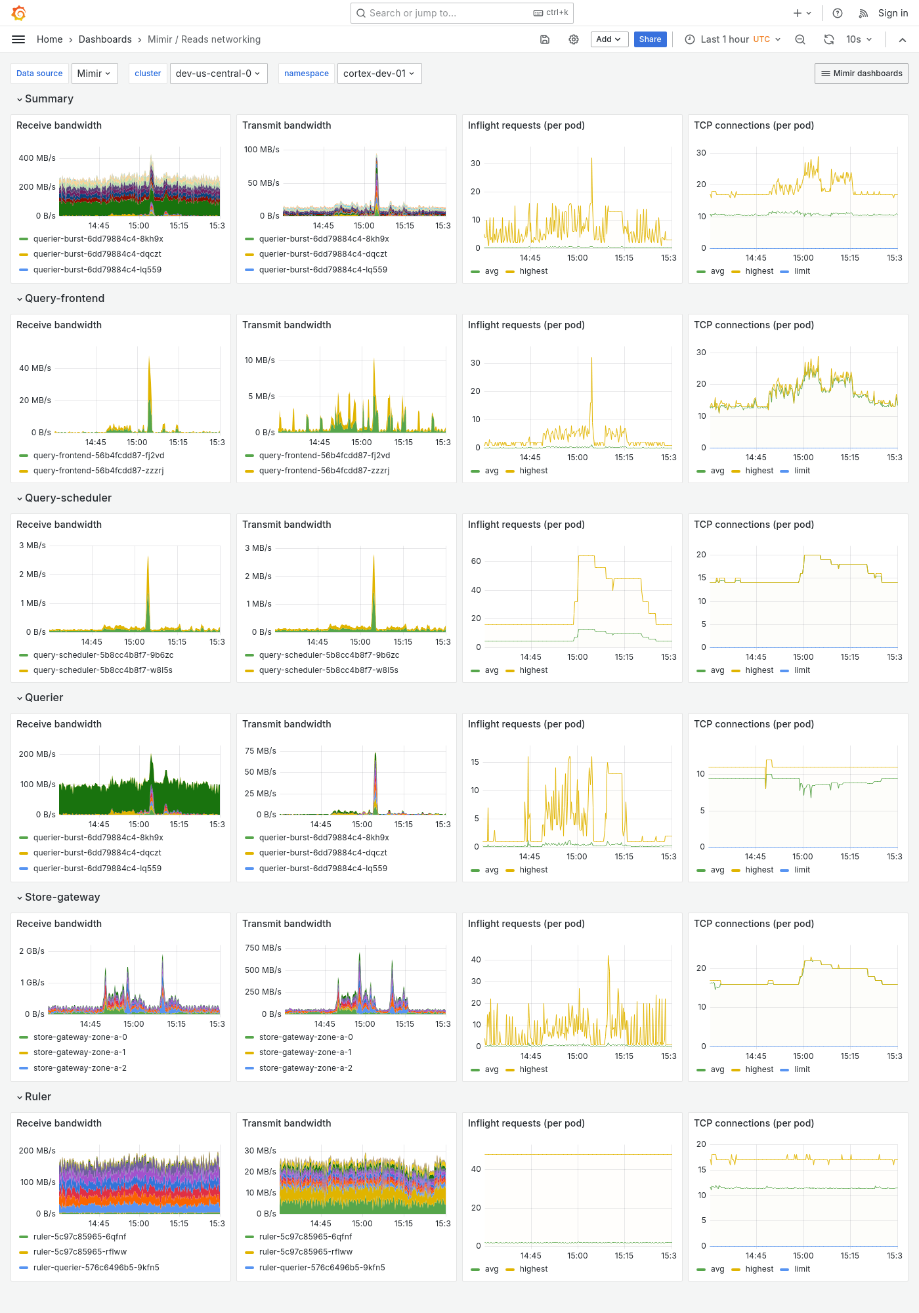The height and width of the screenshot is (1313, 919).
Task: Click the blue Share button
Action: point(650,39)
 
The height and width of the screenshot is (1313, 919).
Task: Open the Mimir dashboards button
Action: point(861,74)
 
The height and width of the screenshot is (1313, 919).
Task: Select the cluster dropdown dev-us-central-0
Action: point(217,74)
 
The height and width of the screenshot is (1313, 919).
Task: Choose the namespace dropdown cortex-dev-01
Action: point(379,74)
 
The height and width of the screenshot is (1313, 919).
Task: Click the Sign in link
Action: point(893,13)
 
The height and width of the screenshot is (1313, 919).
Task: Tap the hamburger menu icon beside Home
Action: point(18,39)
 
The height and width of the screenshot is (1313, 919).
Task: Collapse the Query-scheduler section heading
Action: point(68,498)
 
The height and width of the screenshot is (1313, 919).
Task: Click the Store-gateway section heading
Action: point(62,897)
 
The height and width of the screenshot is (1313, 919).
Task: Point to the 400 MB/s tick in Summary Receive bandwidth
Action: point(37,158)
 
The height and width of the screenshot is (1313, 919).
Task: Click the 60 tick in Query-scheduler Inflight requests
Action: point(476,561)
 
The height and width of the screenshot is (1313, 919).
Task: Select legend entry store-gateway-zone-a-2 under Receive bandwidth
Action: point(79,1068)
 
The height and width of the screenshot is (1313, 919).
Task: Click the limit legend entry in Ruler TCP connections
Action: point(801,1269)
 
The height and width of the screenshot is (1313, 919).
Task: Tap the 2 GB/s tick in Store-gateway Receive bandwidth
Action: point(32,951)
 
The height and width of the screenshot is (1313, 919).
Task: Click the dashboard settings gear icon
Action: point(574,39)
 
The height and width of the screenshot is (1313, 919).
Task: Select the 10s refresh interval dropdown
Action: point(859,39)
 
